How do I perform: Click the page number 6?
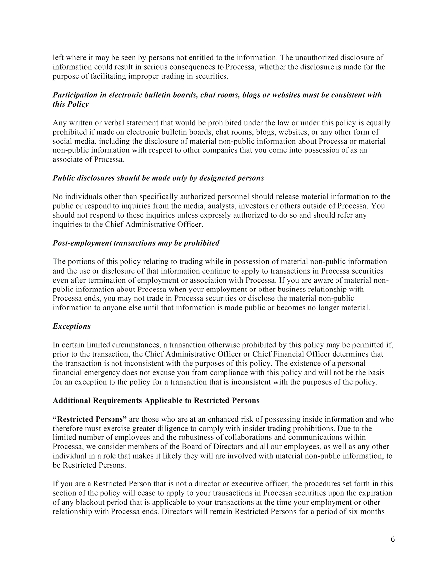click(x=393, y=539)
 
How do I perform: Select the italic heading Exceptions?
click(x=72, y=326)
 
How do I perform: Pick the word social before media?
click(x=62, y=141)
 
